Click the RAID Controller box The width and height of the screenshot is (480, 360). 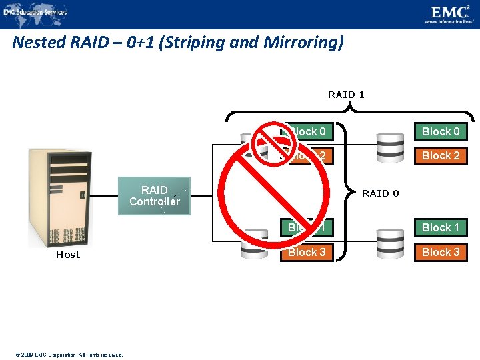click(x=154, y=195)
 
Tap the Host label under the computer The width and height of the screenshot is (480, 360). click(x=67, y=255)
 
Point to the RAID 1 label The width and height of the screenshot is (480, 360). click(x=346, y=95)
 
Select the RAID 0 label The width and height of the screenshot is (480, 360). click(x=380, y=193)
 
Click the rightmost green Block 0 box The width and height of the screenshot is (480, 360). click(x=441, y=131)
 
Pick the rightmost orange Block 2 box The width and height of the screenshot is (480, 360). click(x=441, y=155)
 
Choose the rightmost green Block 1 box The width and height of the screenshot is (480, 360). click(x=441, y=227)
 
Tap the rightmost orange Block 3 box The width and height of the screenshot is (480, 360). click(x=441, y=252)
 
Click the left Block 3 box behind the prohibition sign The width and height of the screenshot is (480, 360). click(x=307, y=252)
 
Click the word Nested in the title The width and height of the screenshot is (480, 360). click(x=39, y=43)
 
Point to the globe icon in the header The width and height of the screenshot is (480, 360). click(x=8, y=11)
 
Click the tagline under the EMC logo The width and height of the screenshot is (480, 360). click(x=449, y=21)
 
